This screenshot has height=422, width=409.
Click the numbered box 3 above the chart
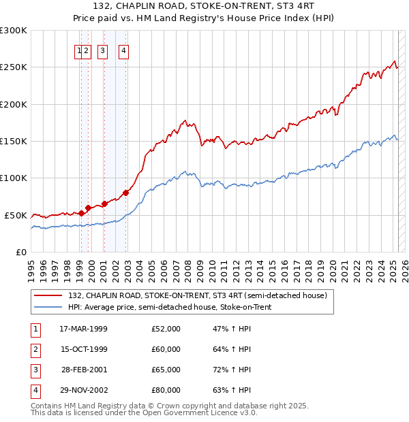coord(102,50)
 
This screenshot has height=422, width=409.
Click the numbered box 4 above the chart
coord(124,50)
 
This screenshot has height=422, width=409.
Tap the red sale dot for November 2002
coord(126,193)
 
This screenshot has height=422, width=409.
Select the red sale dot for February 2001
coord(104,204)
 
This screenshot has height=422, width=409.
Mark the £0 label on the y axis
coord(20,252)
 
